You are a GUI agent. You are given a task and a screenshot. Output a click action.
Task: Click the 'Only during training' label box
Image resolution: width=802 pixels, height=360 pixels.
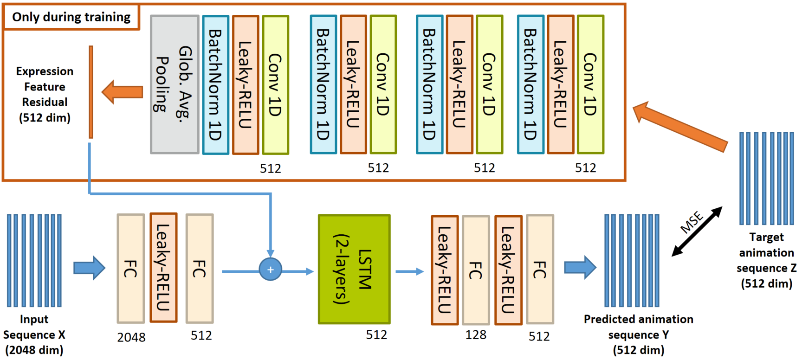(71, 17)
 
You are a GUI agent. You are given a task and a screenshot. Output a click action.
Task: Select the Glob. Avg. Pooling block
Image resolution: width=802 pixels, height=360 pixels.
(175, 84)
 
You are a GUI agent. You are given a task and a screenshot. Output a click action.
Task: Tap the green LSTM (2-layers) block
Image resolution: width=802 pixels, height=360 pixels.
(354, 269)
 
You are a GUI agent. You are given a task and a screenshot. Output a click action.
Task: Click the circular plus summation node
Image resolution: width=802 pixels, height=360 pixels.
(271, 270)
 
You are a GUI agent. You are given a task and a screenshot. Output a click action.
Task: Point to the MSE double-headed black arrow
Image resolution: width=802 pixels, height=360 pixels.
(697, 231)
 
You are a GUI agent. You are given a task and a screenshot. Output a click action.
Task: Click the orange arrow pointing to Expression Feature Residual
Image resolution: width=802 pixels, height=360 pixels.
(123, 91)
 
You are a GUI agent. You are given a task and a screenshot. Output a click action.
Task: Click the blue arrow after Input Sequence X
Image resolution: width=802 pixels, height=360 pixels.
(90, 268)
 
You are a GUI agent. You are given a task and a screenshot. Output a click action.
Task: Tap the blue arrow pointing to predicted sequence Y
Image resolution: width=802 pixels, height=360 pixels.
(580, 268)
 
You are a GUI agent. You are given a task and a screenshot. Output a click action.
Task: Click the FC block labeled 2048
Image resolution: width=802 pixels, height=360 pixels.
(131, 269)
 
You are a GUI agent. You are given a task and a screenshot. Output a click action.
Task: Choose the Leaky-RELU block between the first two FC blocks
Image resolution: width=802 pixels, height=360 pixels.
(163, 268)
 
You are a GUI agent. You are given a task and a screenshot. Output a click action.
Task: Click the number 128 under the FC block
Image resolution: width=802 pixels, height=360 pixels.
(476, 335)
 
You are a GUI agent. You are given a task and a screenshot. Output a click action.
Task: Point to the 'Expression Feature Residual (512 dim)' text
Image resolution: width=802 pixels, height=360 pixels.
(45, 94)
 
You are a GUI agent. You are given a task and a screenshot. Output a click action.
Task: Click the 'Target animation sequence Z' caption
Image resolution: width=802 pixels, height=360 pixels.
(766, 260)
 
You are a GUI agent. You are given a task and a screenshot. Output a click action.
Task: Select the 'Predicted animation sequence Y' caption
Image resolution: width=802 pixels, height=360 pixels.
(639, 334)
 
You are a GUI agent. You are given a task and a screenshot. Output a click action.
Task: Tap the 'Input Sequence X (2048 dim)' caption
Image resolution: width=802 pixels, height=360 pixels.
(34, 334)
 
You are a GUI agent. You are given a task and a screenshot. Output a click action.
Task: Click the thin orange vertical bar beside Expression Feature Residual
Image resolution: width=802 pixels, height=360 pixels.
(91, 92)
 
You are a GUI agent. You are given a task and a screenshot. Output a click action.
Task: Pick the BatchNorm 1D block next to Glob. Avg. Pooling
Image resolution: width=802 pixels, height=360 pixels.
(216, 84)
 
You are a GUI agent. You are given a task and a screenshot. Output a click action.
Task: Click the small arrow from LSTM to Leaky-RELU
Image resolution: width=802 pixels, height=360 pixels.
(410, 271)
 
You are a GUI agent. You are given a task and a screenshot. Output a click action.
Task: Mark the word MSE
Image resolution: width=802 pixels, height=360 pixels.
(692, 222)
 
